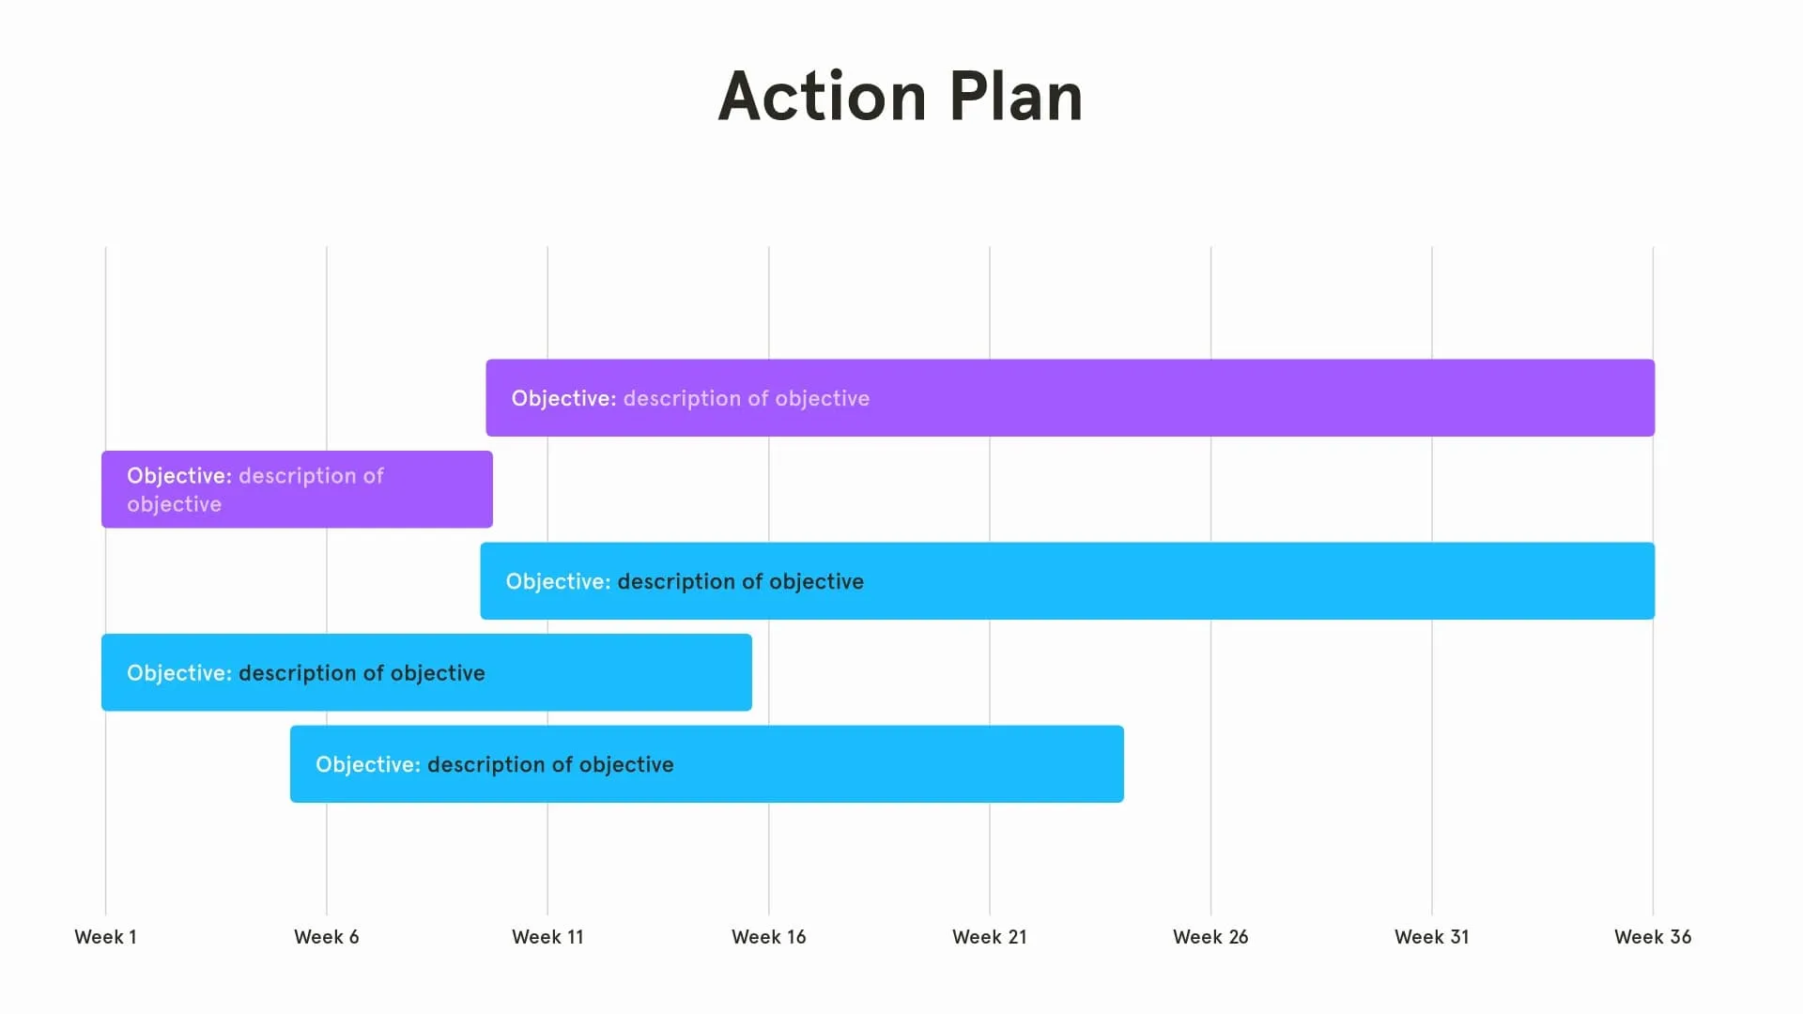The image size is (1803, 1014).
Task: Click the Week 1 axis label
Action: [x=105, y=937]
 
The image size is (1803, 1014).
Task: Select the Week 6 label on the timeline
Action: [x=326, y=937]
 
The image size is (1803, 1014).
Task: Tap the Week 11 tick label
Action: [x=547, y=937]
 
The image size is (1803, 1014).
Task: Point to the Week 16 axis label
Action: [x=768, y=937]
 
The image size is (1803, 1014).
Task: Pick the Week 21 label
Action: [x=989, y=937]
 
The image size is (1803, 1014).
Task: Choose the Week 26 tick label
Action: [x=1210, y=937]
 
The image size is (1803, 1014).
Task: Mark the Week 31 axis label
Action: [x=1431, y=937]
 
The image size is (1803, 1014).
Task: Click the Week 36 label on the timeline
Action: [x=1652, y=937]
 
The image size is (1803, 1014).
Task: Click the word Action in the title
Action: [x=823, y=97]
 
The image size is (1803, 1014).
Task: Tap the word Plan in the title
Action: [x=1015, y=97]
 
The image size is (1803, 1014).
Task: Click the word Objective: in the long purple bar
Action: [x=563, y=398]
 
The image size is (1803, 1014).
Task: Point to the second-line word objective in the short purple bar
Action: [x=174, y=504]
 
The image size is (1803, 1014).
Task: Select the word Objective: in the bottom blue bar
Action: [x=367, y=764]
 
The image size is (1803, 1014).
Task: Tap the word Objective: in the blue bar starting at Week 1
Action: [x=178, y=673]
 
